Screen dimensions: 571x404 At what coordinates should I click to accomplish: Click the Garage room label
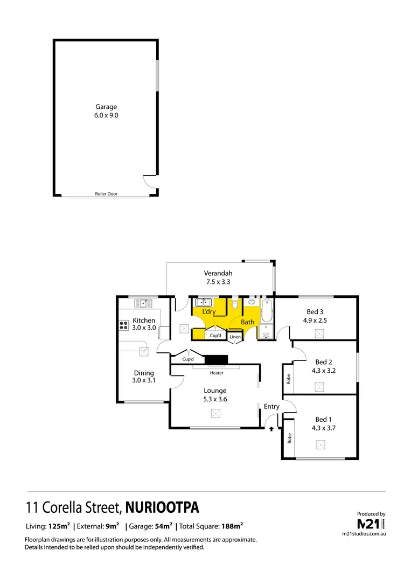point(106,107)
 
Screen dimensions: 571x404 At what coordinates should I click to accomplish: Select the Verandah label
point(218,273)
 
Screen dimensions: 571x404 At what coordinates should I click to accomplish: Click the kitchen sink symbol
point(144,303)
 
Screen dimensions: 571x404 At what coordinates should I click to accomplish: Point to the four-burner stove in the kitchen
point(122,325)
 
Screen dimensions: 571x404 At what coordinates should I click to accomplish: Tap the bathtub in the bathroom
point(267,312)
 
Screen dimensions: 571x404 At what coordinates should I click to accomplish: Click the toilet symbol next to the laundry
point(234,305)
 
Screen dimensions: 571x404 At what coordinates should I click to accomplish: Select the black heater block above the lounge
point(217,360)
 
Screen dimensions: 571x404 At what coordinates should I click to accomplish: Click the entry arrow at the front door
point(271,429)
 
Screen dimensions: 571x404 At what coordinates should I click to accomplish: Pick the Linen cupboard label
point(235,337)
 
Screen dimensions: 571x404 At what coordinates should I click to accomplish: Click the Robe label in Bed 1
point(289,438)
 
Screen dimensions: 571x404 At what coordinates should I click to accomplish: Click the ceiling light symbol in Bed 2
point(320,386)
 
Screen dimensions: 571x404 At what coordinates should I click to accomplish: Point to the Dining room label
point(144,373)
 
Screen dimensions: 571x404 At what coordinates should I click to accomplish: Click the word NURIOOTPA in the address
point(163,507)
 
